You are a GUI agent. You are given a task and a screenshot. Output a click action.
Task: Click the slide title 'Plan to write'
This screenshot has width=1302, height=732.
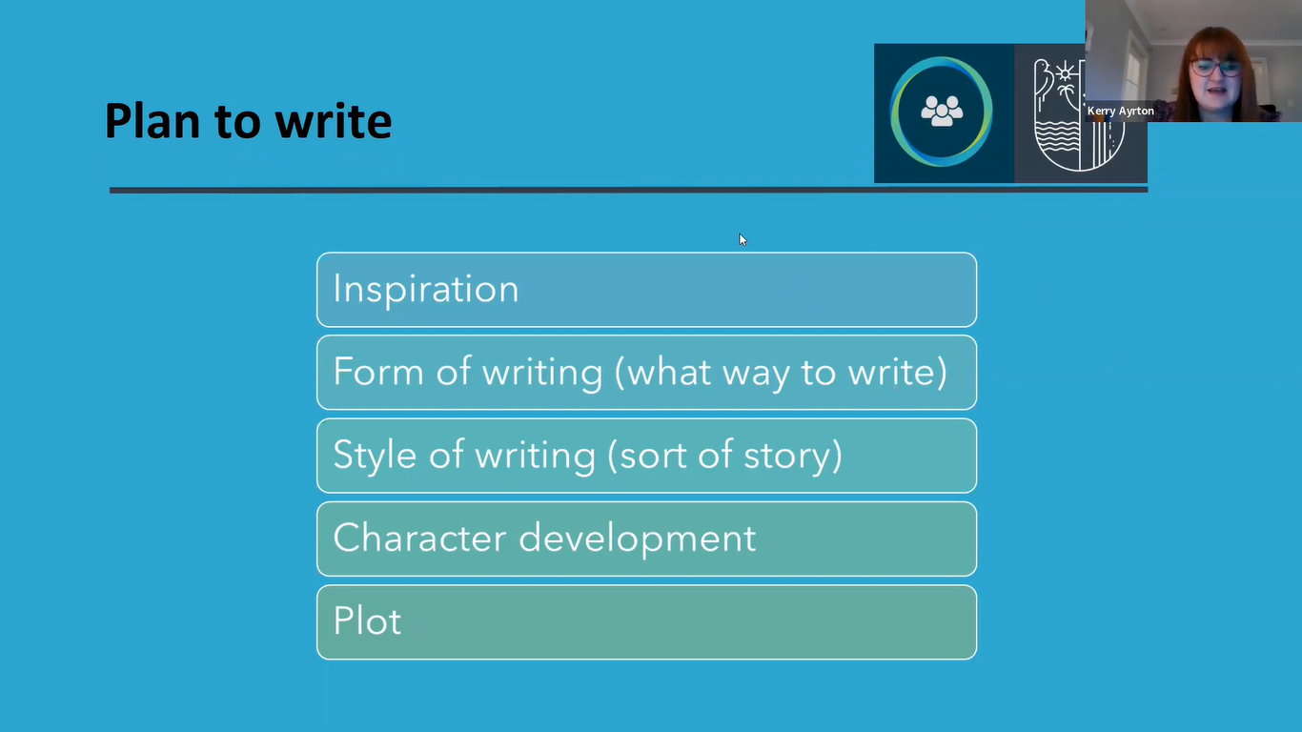click(248, 122)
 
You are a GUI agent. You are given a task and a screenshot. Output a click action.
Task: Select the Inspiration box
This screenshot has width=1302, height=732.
click(646, 290)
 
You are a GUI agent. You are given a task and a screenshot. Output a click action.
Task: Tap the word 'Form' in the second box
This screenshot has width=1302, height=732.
click(377, 372)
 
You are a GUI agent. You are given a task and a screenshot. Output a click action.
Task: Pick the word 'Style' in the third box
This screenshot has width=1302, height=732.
click(375, 456)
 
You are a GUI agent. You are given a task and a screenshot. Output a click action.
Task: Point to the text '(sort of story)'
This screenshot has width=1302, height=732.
click(724, 456)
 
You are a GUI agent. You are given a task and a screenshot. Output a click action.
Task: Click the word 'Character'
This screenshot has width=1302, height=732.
click(419, 538)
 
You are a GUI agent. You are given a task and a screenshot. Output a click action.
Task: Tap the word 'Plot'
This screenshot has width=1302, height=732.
click(367, 620)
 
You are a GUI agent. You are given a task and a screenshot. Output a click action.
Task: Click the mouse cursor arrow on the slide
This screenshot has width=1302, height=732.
click(743, 239)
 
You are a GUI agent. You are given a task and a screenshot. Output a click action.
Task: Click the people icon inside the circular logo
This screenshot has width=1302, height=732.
click(942, 111)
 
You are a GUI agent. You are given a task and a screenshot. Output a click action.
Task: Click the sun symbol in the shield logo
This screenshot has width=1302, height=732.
click(1065, 73)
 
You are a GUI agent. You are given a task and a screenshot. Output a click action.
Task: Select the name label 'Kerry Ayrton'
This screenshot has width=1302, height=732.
click(1120, 112)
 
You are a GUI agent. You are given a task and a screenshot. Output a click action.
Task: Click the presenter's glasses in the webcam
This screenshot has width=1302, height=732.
click(1215, 68)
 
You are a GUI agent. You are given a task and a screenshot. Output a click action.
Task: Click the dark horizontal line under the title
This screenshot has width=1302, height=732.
click(628, 190)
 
